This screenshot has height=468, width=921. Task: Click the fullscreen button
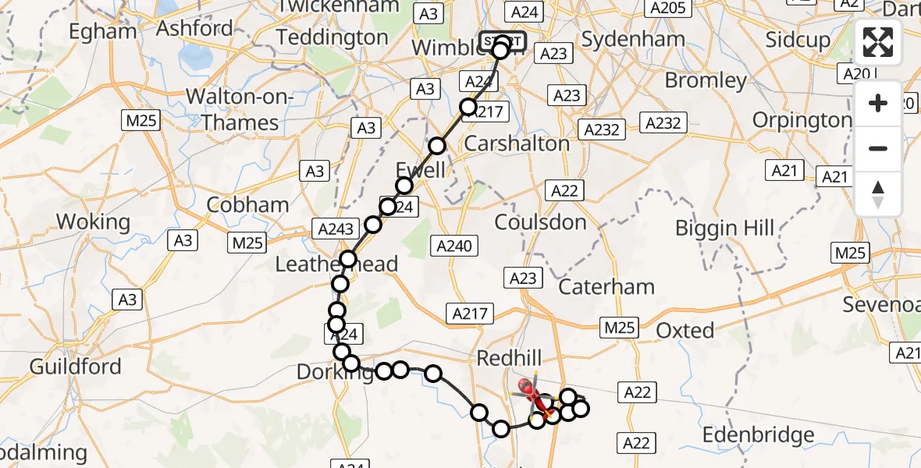(878, 42)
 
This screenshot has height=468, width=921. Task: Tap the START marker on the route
(502, 41)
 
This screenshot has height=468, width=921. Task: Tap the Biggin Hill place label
(725, 229)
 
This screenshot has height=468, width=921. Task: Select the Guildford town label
(76, 366)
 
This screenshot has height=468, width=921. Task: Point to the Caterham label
(606, 287)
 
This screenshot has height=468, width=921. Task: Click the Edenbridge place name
(759, 434)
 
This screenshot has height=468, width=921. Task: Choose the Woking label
(94, 222)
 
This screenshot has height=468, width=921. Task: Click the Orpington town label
(802, 120)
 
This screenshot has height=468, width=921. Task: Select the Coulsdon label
(540, 222)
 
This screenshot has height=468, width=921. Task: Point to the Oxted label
(685, 331)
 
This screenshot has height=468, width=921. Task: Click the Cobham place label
(247, 205)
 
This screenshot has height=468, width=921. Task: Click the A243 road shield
(336, 229)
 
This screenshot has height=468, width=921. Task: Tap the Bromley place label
(706, 80)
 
